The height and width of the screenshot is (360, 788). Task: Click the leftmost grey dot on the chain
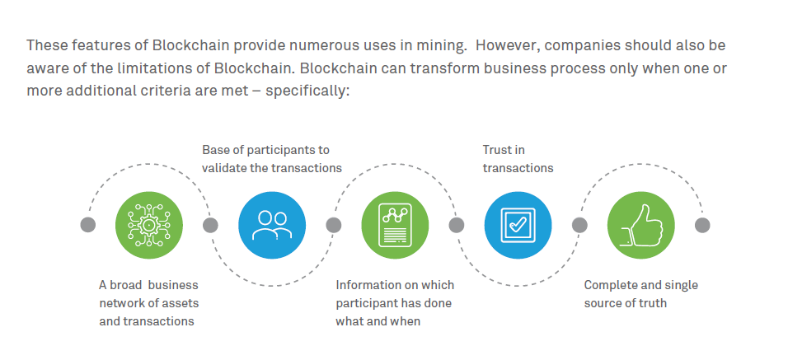[88, 225]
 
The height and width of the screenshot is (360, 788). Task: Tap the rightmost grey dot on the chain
[702, 225]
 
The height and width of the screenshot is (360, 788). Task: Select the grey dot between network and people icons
[210, 225]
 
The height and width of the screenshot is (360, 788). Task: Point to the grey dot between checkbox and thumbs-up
[579, 225]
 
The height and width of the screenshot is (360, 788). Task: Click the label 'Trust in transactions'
[518, 159]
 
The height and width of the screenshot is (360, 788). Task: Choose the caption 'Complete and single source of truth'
[640, 294]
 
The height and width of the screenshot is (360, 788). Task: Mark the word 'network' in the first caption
[119, 303]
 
